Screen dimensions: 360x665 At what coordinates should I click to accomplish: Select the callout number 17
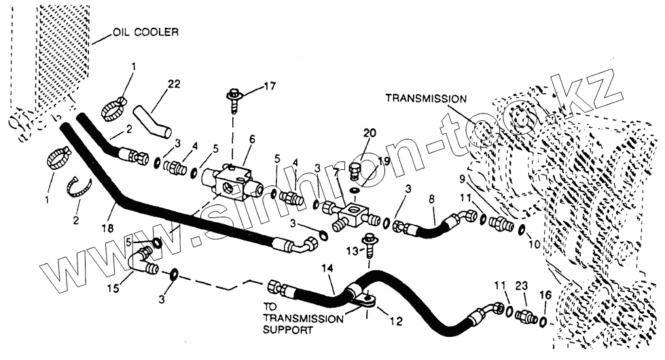(270, 86)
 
